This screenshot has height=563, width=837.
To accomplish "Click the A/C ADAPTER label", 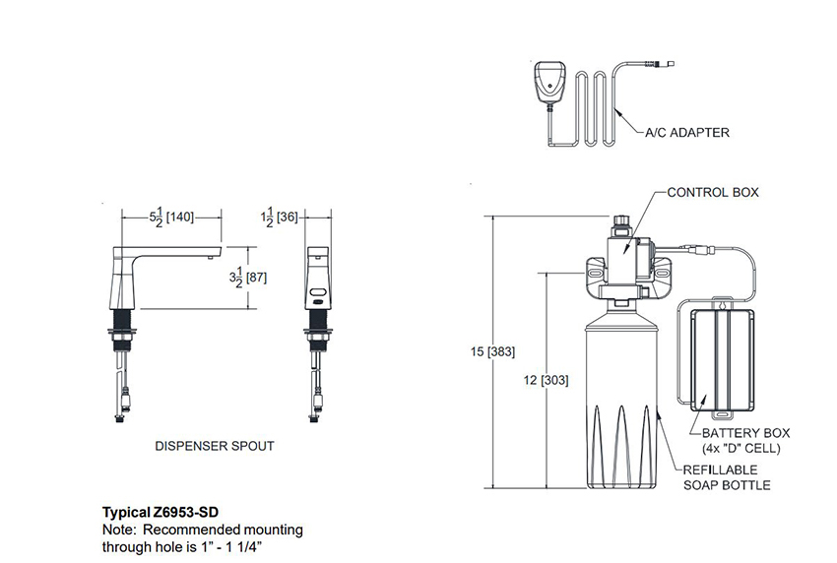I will (x=687, y=131).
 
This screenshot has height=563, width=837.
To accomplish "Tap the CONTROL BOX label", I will (x=713, y=192).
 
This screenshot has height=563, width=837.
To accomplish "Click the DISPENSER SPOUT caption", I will (x=215, y=446).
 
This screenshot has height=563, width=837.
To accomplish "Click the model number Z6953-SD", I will (x=188, y=513).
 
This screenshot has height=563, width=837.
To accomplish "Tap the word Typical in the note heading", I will (x=125, y=513).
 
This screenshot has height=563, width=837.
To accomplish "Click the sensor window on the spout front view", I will (x=318, y=293).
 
